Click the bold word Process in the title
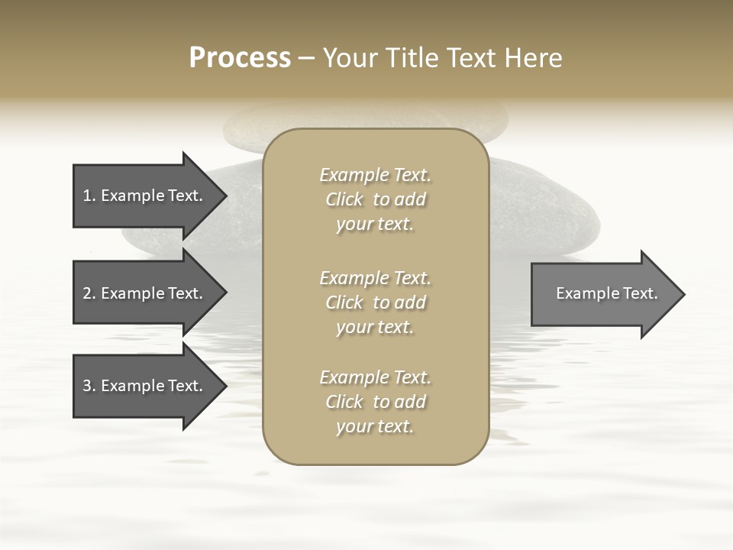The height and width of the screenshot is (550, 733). (240, 58)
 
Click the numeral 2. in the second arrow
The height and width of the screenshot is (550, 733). (89, 293)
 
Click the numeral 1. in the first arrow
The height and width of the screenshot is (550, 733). (89, 196)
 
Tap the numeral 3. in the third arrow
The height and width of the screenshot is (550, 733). (89, 386)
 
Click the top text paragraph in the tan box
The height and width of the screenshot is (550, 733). (375, 199)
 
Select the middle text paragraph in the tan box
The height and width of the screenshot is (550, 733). (375, 302)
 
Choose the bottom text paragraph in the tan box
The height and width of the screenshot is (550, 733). (375, 402)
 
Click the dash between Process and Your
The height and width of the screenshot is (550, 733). (306, 58)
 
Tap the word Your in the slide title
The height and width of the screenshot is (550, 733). (348, 58)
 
